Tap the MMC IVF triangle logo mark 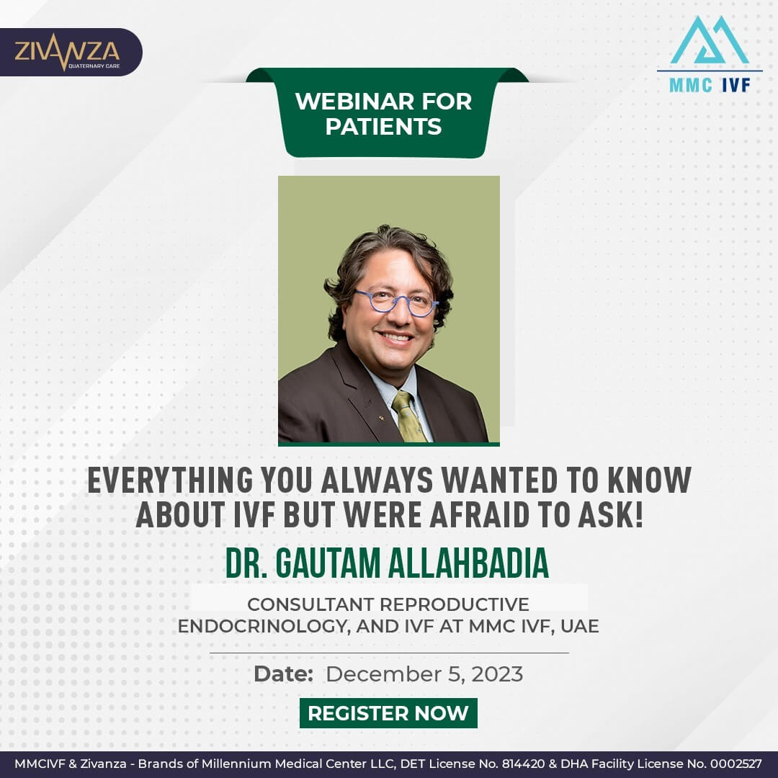coord(709,40)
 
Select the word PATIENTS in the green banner coord(383,127)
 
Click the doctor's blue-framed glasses coord(396,302)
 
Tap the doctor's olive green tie coord(408,416)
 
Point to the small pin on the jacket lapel coord(381,419)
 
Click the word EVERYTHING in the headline coord(170,480)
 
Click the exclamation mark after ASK coord(639,514)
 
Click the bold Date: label coord(283,674)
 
